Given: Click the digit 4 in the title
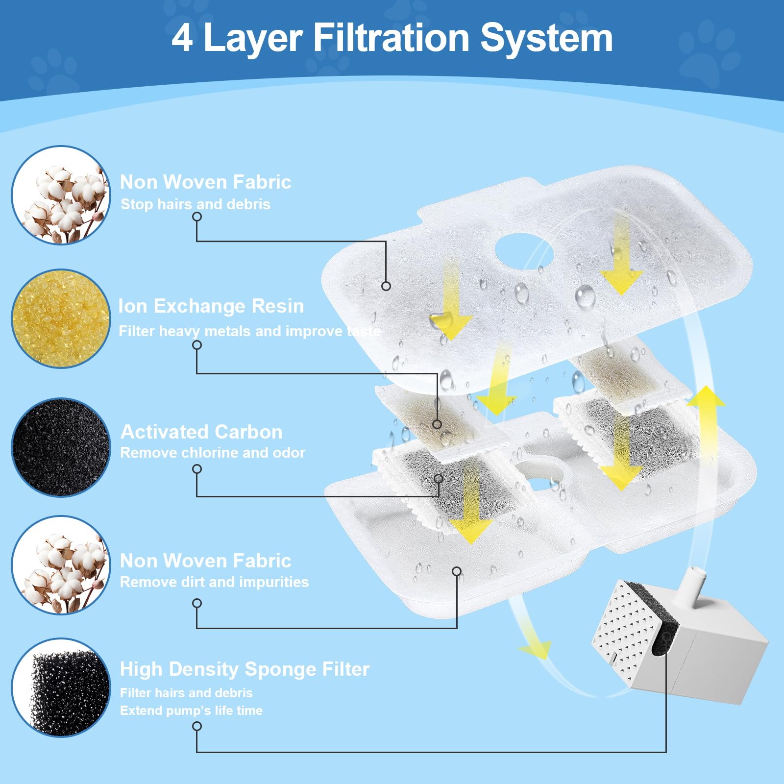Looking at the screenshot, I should tap(182, 38).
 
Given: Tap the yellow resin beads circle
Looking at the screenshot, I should tap(61, 318).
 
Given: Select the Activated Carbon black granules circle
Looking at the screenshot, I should tap(61, 447).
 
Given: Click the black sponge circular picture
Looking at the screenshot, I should tap(61, 687).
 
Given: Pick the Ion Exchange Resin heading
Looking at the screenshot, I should tap(211, 306).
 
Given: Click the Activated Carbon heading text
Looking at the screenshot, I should tap(201, 432).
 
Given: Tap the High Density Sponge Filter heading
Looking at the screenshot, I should tap(245, 669).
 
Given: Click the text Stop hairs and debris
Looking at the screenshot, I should tap(195, 204).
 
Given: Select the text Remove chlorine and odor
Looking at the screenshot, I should tap(213, 452).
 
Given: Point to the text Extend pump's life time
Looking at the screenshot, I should tap(191, 710).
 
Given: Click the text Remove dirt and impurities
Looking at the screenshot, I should tap(214, 582).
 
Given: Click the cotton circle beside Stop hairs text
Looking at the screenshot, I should tap(61, 195).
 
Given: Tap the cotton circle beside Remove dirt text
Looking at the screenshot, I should tap(61, 564).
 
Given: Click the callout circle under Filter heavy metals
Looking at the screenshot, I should tap(197, 345).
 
